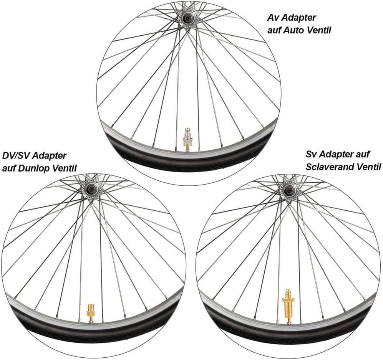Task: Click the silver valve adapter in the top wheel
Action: (x=187, y=140)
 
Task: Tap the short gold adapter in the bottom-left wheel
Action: (x=90, y=314)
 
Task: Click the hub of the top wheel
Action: (x=188, y=18)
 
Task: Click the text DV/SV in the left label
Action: (x=16, y=155)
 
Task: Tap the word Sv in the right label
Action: (x=311, y=154)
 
